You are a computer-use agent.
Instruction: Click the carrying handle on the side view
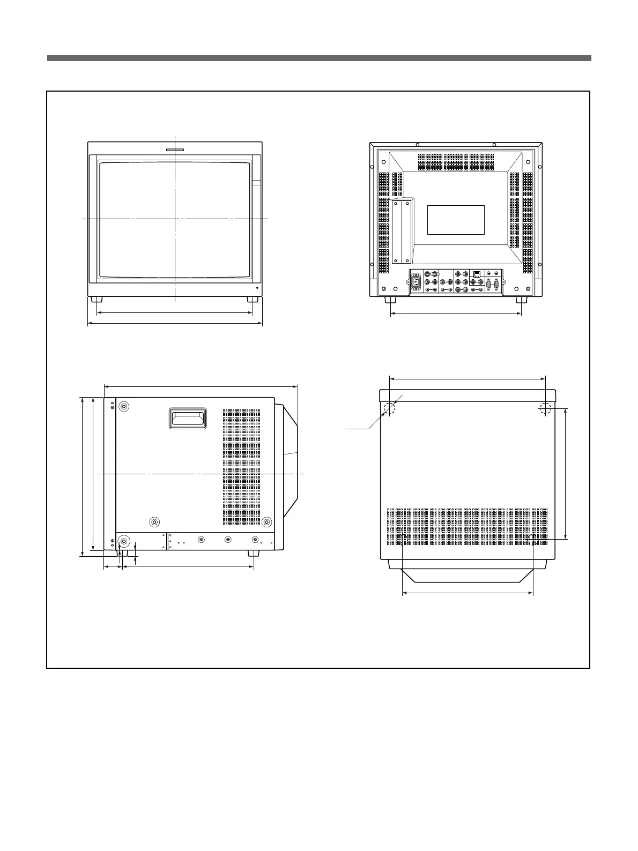[x=188, y=418]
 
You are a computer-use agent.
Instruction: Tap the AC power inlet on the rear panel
[x=416, y=281]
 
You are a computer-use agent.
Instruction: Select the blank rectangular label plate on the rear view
[x=456, y=220]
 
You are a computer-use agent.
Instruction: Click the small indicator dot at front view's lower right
[x=256, y=288]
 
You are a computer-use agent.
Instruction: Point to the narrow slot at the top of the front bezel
[x=175, y=151]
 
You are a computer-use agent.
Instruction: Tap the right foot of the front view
[x=250, y=299]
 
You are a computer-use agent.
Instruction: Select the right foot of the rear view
[x=520, y=300]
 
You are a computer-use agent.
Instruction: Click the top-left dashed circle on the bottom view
[x=389, y=409]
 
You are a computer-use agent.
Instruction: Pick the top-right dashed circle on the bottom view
[x=545, y=409]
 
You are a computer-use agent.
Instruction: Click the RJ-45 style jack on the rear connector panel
[x=477, y=275]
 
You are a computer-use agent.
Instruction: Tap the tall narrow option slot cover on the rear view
[x=402, y=232]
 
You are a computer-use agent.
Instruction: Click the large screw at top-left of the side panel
[x=124, y=407]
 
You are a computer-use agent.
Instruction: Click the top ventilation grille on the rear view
[x=456, y=159]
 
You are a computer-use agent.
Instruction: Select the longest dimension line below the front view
[x=175, y=324]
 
